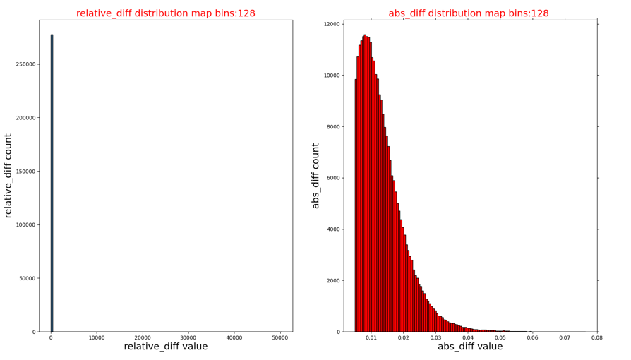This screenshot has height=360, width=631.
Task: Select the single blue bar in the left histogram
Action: [x=52, y=184]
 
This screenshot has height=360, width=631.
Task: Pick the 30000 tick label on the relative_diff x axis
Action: [x=188, y=338]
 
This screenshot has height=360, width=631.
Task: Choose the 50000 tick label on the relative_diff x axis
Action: [x=280, y=338]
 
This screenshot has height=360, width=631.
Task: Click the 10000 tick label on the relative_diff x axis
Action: [x=97, y=338]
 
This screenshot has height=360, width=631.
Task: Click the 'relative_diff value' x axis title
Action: [x=166, y=347]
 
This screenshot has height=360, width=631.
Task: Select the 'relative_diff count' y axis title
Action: [x=8, y=175]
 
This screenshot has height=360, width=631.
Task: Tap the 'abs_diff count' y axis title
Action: [x=315, y=176]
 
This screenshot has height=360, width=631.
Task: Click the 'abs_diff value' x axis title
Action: [x=470, y=347]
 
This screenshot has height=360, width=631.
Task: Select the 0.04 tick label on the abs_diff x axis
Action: [x=468, y=338]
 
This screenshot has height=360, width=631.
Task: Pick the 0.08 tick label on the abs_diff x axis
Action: [x=597, y=338]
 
